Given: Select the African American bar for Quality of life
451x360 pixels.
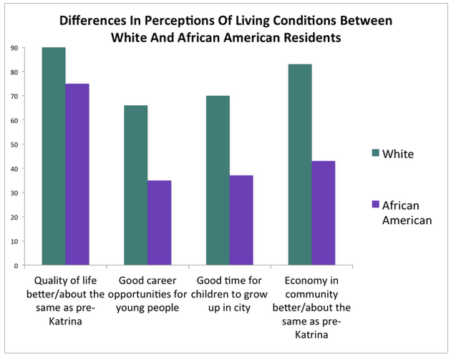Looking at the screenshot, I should point(77,175).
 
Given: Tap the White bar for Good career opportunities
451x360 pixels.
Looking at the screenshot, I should point(135,185).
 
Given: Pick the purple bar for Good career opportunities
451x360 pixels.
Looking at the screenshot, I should point(159,223).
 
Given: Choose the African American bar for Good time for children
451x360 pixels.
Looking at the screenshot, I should point(241,220).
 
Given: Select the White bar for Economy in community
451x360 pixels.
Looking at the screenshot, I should point(300,165).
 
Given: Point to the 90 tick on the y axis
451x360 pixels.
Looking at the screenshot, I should point(14,48).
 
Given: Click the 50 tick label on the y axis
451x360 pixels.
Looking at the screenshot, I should point(14,145).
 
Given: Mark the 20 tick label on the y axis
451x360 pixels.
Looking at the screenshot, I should point(14,217).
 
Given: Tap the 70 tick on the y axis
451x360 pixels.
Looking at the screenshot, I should point(14,96).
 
